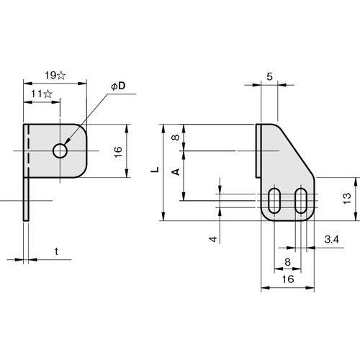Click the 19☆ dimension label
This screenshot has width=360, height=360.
(55, 76)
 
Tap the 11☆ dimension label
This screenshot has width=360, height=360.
(42, 94)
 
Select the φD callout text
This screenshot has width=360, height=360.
(119, 86)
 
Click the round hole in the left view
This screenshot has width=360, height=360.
(60, 151)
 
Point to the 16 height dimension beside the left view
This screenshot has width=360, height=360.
(118, 152)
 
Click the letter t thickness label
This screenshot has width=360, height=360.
(56, 251)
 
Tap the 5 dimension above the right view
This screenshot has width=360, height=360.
(269, 76)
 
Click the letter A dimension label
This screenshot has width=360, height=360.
(176, 172)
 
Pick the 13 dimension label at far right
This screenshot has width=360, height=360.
(347, 199)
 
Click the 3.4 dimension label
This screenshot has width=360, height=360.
(331, 239)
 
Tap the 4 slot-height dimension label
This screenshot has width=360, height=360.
(213, 239)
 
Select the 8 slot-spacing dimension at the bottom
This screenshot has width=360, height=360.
(287, 262)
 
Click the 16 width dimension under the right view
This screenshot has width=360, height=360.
(288, 279)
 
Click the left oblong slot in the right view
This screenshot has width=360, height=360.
(274, 201)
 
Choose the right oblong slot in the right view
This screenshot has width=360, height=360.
(301, 201)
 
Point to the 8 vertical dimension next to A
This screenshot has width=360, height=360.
(176, 138)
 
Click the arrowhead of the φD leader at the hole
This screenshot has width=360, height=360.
(66, 143)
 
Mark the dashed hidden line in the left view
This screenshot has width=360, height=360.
(28, 151)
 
